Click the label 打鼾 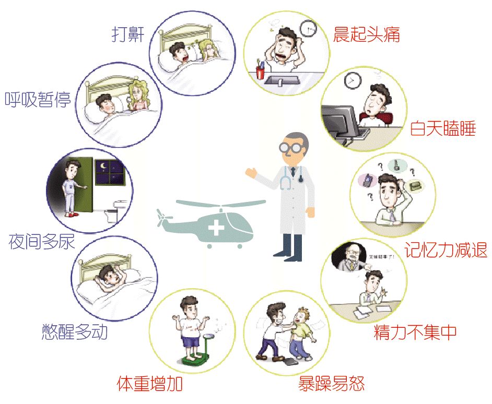tap(128, 34)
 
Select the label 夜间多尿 tap(42, 241)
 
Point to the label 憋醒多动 tap(74, 331)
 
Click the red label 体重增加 tap(149, 385)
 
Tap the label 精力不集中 tap(415, 332)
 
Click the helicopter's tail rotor tap(162, 218)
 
